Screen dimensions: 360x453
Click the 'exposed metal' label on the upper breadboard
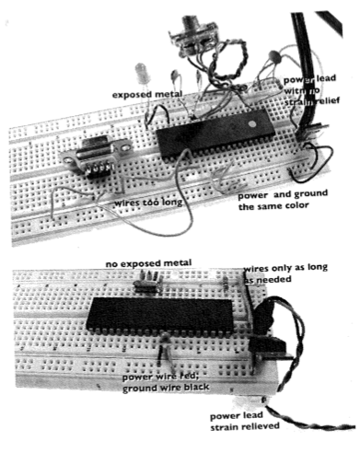click(x=147, y=95)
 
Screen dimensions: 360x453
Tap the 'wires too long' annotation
click(x=148, y=203)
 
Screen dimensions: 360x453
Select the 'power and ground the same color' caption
click(x=283, y=200)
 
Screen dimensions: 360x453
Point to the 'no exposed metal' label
click(x=148, y=263)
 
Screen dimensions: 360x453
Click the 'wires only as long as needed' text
click(x=285, y=273)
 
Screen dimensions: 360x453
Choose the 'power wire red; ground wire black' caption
click(x=166, y=382)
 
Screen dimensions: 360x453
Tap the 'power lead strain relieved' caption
click(x=245, y=421)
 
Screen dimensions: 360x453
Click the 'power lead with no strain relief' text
click(x=311, y=89)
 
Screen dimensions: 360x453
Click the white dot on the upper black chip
click(x=252, y=124)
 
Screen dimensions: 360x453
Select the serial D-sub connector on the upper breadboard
click(x=96, y=158)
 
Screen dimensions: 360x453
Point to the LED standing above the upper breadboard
click(x=142, y=74)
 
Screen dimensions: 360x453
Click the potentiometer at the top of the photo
click(x=192, y=36)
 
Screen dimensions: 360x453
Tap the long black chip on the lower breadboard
click(x=159, y=315)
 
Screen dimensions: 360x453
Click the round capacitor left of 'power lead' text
click(x=273, y=56)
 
